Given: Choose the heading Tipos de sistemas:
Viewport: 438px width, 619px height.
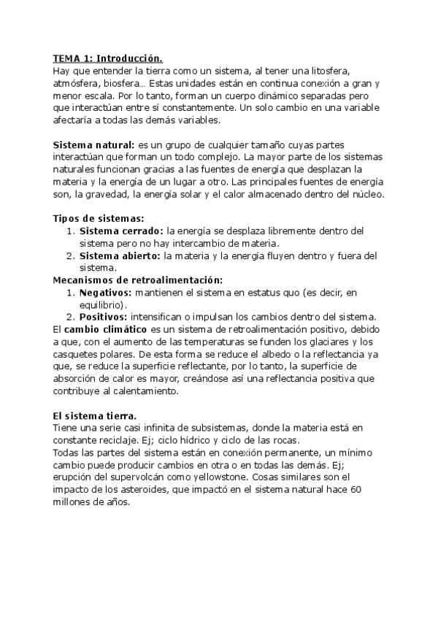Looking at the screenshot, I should click(x=99, y=218).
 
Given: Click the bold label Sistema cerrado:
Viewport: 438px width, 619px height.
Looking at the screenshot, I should click(x=121, y=231).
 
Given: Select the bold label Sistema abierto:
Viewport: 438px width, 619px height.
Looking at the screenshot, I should click(x=120, y=255).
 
